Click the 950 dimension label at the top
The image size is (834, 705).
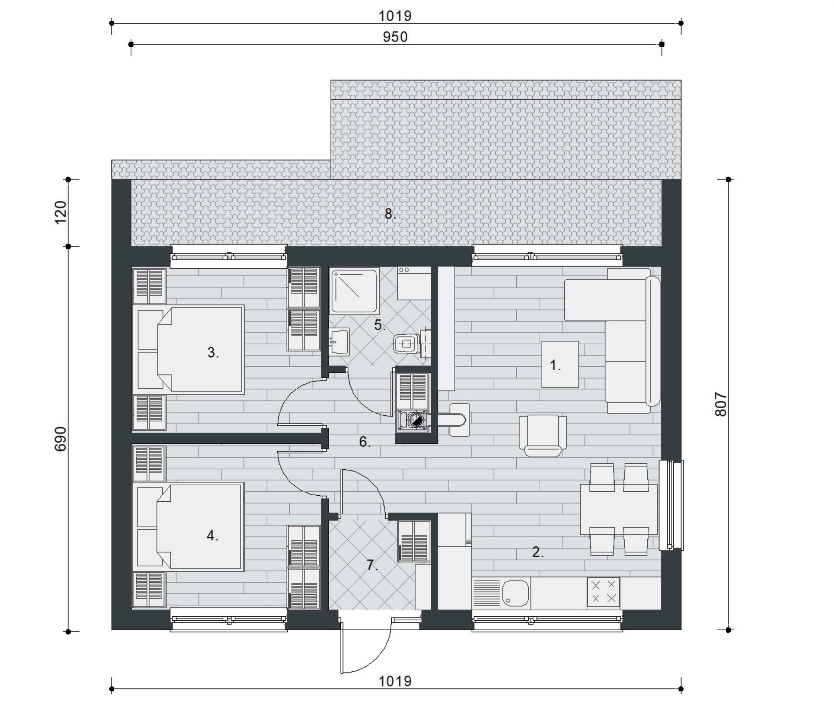coord(395,37)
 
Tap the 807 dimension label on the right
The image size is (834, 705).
coord(721,405)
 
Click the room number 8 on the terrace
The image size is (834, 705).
coord(390,214)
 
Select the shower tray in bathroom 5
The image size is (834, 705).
coord(354,290)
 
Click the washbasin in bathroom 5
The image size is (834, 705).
coord(340,342)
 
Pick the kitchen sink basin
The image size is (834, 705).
coord(516,592)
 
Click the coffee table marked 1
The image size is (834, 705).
coord(560,364)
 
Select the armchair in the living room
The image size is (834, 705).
coord(543,436)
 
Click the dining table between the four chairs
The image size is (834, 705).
coord(619,510)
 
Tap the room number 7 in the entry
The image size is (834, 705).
coord(372,565)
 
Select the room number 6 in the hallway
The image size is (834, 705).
coord(364,442)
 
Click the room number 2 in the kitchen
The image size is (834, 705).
coord(538,552)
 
